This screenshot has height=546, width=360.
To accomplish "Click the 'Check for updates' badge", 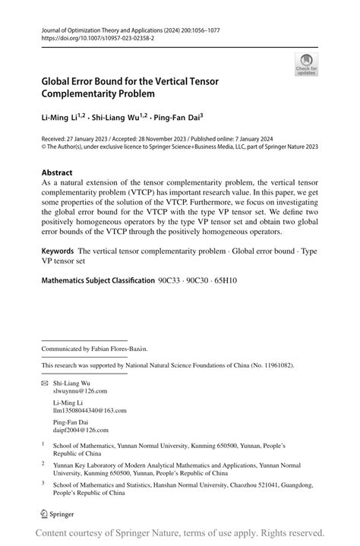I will click(306, 64).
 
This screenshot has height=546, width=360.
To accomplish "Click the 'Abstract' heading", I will click(58, 172).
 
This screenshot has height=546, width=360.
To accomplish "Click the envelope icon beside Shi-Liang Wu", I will click(45, 383).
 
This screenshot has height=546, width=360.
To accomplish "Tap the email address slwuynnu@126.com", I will click(80, 391).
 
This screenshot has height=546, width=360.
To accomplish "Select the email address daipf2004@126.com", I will click(81, 428).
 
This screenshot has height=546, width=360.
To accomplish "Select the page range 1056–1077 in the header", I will click(199, 27).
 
